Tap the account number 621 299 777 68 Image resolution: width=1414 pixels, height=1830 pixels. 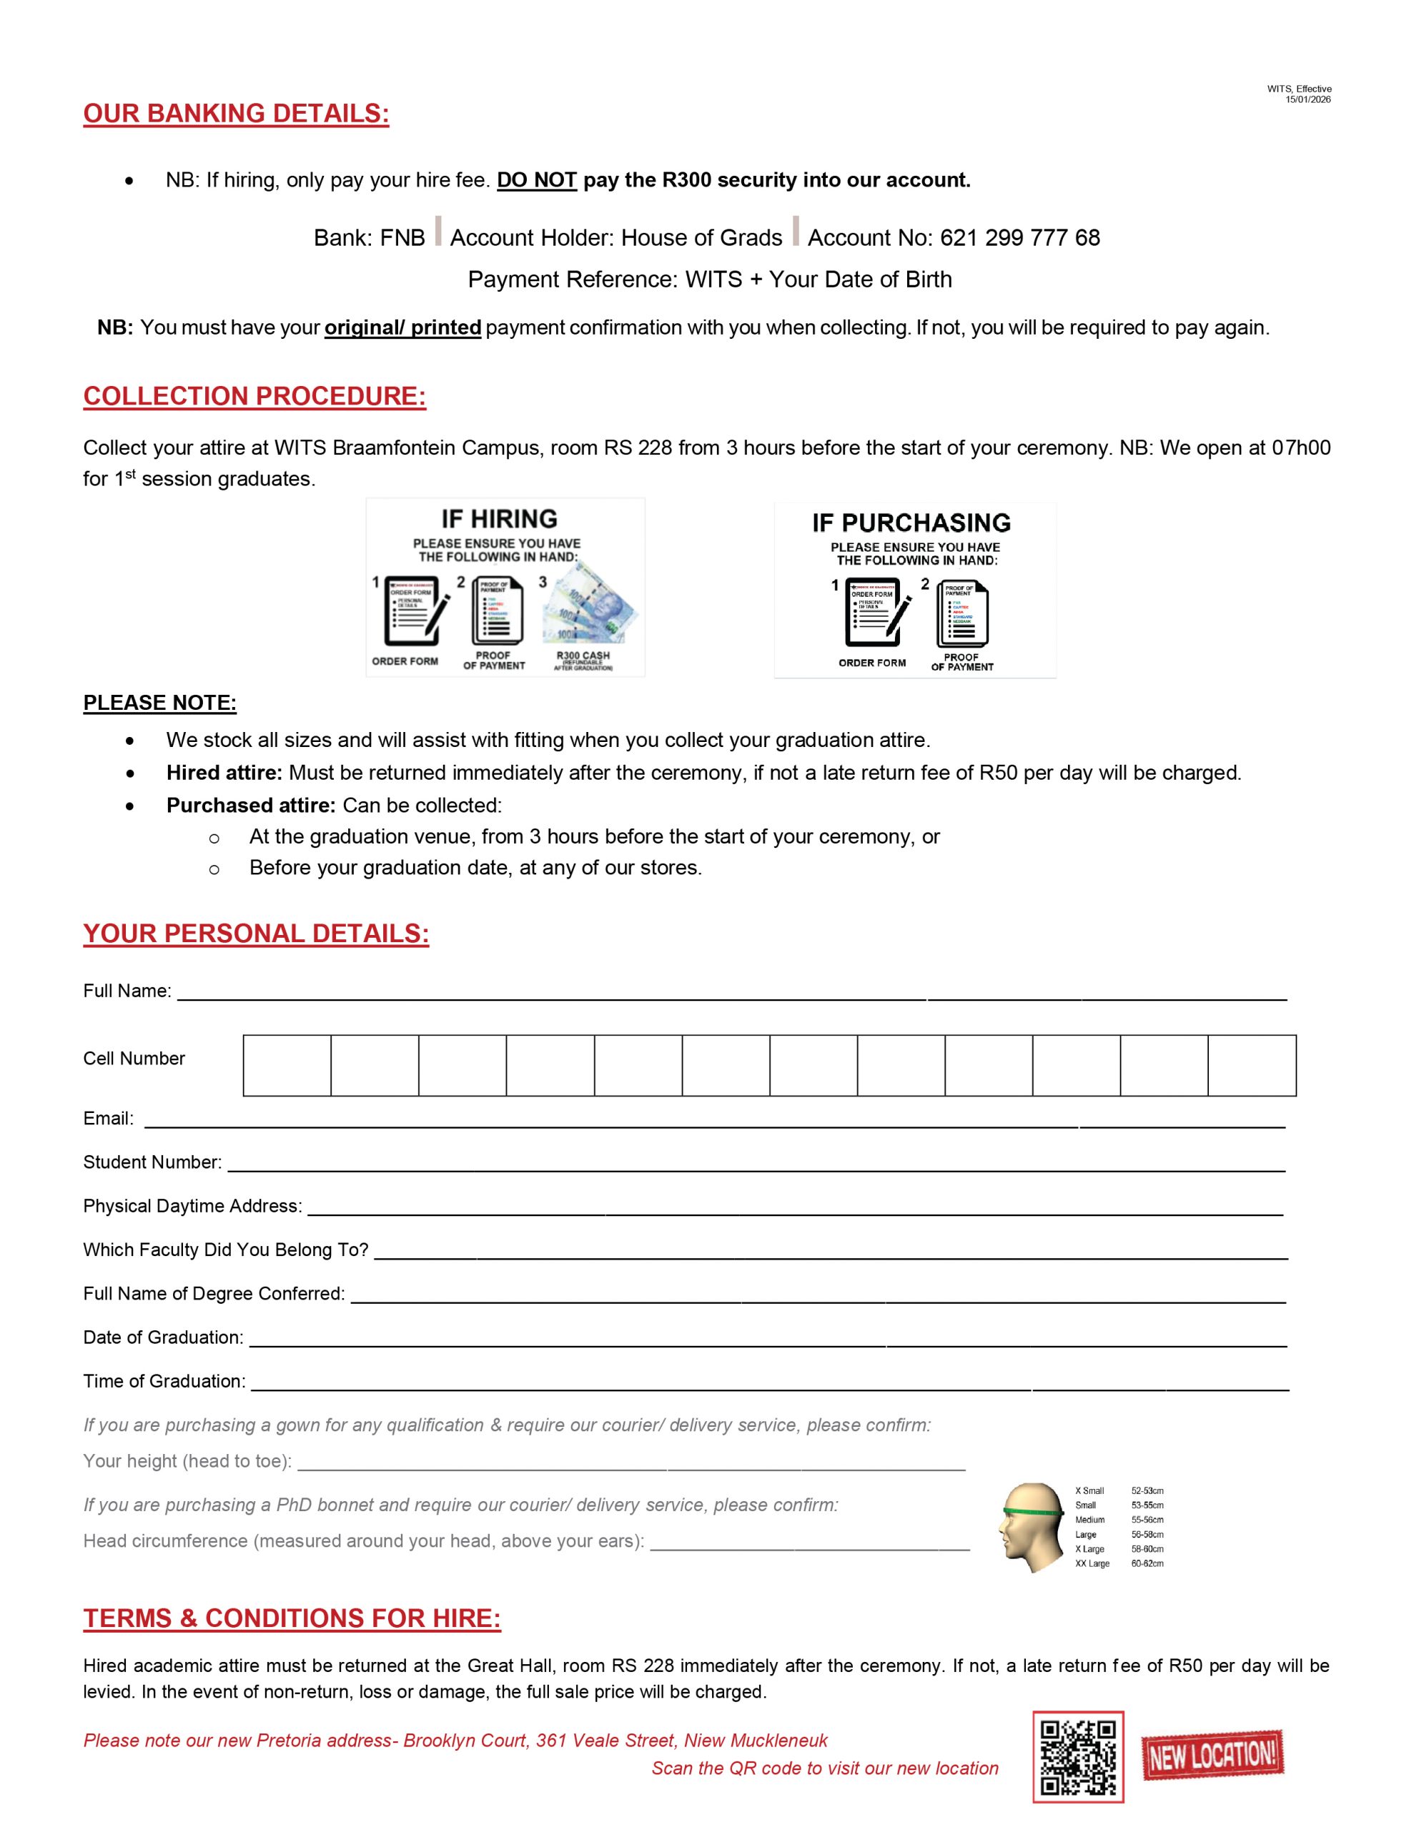tap(1019, 238)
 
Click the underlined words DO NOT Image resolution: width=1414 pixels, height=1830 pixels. tap(536, 180)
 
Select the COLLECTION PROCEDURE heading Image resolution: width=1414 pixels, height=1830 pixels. tap(254, 396)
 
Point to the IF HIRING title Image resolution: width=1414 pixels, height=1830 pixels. tap(499, 519)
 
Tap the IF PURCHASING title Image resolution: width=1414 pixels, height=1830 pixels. tap(911, 523)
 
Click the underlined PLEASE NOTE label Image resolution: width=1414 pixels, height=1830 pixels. tap(159, 703)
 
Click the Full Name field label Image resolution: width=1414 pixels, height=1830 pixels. tap(127, 991)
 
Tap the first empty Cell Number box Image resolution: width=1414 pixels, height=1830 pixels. tap(287, 1065)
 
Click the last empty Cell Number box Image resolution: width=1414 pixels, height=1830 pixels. tap(1252, 1065)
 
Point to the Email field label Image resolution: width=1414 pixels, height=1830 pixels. tap(108, 1119)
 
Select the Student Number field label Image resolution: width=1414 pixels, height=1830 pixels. tap(152, 1162)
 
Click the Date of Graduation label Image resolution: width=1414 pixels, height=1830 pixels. tap(162, 1337)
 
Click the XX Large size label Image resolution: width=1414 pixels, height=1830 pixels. tap(1092, 1563)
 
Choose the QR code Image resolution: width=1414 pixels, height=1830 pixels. tap(1077, 1756)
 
